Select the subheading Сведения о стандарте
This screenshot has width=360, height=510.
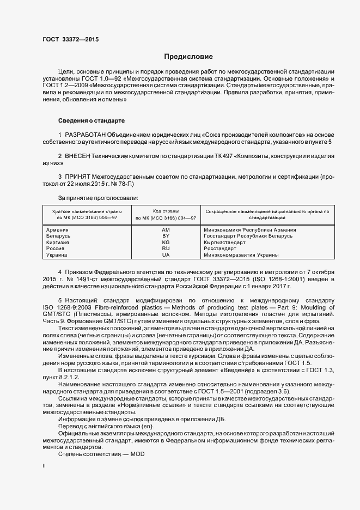coord(91,120)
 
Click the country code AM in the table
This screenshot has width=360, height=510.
coord(166,230)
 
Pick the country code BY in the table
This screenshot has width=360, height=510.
coord(166,236)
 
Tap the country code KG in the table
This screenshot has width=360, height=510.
coord(166,242)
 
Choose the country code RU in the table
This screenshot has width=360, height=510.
coord(166,248)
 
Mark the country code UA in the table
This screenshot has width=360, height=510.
coord(166,254)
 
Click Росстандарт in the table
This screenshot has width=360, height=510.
coord(221,248)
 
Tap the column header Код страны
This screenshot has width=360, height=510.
coord(166,211)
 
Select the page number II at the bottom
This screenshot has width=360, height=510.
coord(44,466)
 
